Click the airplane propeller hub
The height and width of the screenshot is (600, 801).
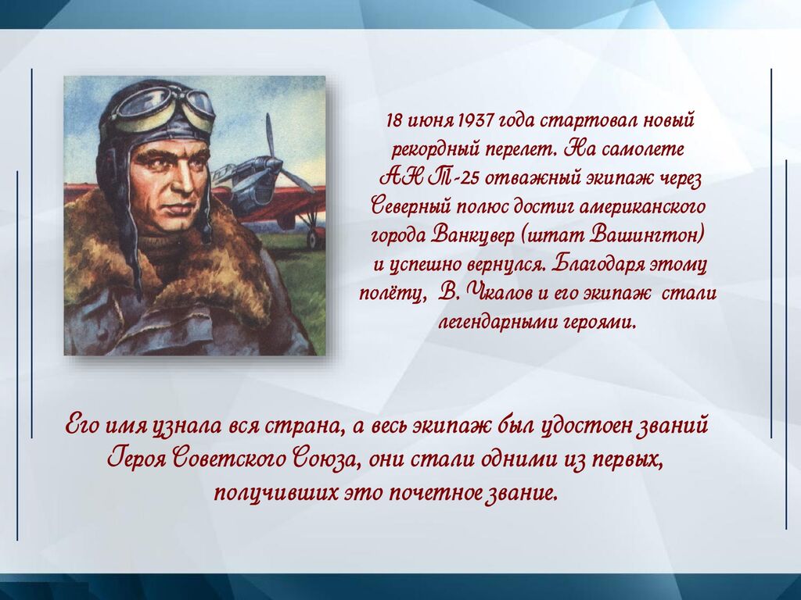point(273,164)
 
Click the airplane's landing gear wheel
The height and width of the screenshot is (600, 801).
point(315,237)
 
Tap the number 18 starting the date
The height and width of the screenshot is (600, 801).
point(393,121)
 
